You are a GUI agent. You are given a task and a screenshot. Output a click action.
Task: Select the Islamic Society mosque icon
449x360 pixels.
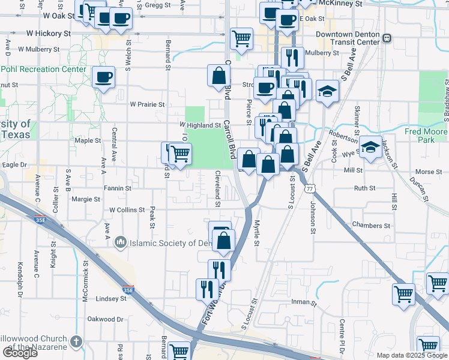click(x=120, y=242)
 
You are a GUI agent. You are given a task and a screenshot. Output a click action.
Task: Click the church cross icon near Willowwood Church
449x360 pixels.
click(x=76, y=341)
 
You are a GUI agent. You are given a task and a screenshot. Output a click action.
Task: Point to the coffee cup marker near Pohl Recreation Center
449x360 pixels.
click(x=104, y=78)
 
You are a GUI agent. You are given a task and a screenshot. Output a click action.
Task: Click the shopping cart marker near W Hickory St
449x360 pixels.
click(x=241, y=39)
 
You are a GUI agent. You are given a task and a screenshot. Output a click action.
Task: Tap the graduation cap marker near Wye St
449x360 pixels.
click(x=371, y=148)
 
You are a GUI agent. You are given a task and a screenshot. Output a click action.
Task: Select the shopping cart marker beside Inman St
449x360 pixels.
click(x=403, y=294)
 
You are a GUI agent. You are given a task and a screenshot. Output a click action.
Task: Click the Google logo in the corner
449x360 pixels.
click(x=20, y=353)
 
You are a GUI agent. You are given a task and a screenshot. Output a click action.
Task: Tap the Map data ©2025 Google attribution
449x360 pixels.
click(x=411, y=355)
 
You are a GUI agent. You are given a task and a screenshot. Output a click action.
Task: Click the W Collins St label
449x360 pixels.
click(x=127, y=210)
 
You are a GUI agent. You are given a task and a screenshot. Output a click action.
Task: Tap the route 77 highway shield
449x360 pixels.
click(x=310, y=188)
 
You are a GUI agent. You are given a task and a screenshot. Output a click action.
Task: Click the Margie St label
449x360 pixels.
click(x=86, y=199)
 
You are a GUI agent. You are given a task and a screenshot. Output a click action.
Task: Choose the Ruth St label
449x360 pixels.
click(x=364, y=188)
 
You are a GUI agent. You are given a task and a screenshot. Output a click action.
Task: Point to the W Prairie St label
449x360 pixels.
click(x=147, y=104)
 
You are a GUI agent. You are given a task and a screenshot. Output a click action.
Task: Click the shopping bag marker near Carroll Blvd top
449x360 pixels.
click(x=218, y=76)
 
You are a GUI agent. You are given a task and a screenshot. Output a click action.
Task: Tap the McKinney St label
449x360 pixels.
click(x=342, y=3)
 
